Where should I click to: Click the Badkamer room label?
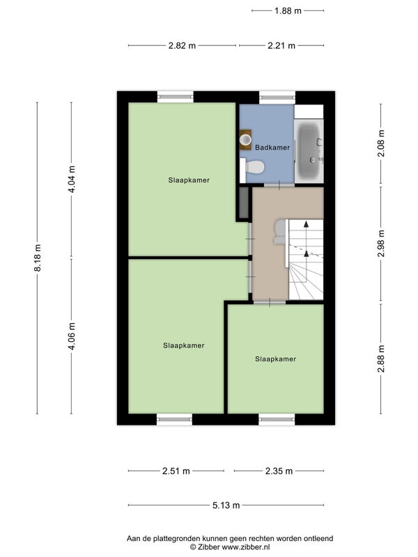(x=272, y=148)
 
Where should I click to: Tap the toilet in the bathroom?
(x=252, y=167)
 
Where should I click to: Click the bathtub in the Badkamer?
(x=309, y=151)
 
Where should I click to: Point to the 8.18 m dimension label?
(x=38, y=258)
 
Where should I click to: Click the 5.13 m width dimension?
(x=226, y=505)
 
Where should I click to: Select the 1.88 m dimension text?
(x=288, y=11)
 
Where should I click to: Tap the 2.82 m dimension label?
(x=182, y=45)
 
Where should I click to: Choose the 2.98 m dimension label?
(x=381, y=244)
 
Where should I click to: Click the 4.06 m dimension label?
(x=72, y=336)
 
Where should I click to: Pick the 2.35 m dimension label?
(x=279, y=471)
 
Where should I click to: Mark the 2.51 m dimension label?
(x=176, y=471)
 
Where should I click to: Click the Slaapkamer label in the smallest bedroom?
(x=275, y=359)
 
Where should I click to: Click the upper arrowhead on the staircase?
(x=306, y=223)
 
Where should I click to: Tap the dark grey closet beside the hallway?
(x=243, y=203)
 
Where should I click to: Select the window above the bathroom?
(x=277, y=97)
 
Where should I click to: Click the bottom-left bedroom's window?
(x=175, y=420)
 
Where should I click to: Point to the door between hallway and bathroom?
(x=279, y=185)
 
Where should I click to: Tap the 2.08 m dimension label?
(x=381, y=143)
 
